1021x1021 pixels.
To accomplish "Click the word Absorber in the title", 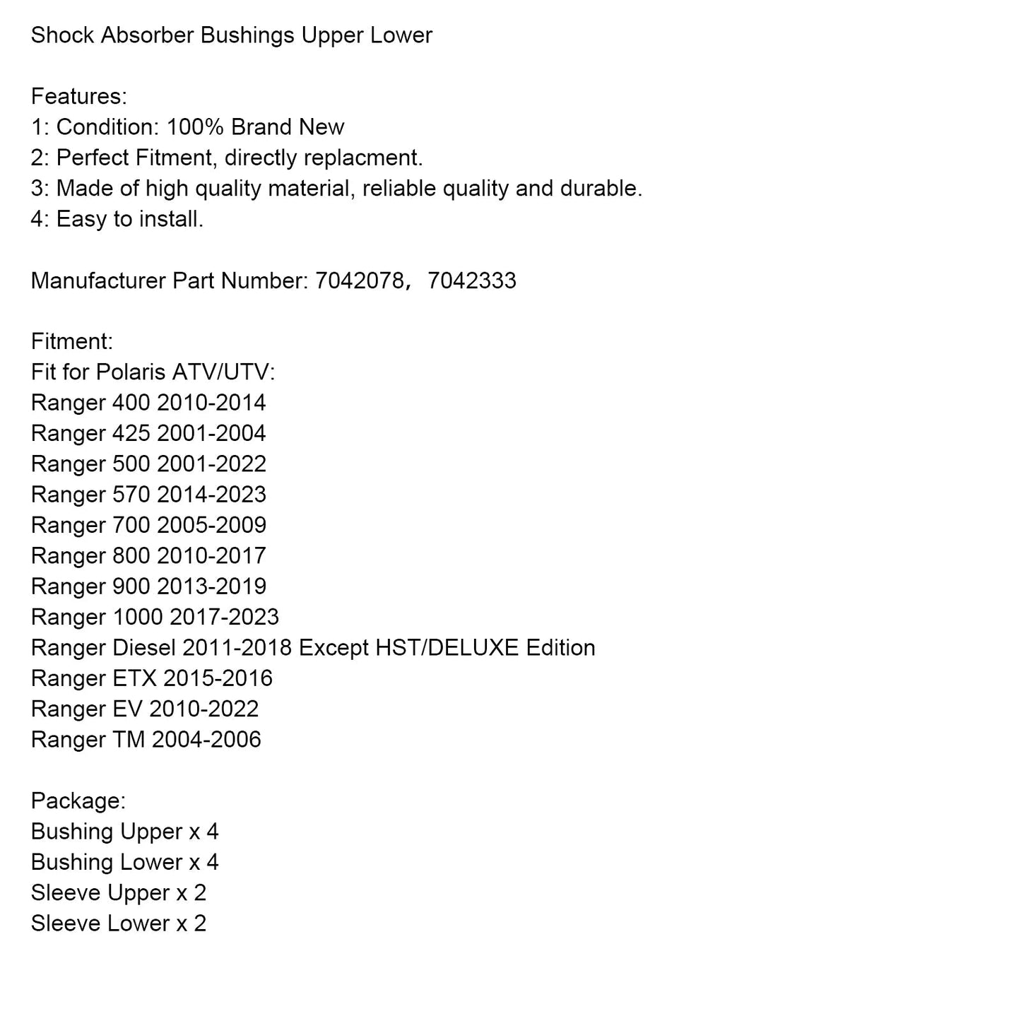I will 147,35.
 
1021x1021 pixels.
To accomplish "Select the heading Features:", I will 79,96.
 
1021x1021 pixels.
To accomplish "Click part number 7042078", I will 359,281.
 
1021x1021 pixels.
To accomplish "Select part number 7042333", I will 472,281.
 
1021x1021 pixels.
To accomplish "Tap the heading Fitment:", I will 72,341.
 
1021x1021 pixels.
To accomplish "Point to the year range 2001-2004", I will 211,433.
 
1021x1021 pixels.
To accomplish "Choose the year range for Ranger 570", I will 211,495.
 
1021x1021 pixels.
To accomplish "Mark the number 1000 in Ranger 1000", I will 138,617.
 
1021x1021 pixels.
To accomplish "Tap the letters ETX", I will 134,678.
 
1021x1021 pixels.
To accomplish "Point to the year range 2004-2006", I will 206,740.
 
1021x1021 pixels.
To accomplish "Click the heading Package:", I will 78,801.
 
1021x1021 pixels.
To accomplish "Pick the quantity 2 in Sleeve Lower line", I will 200,923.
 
